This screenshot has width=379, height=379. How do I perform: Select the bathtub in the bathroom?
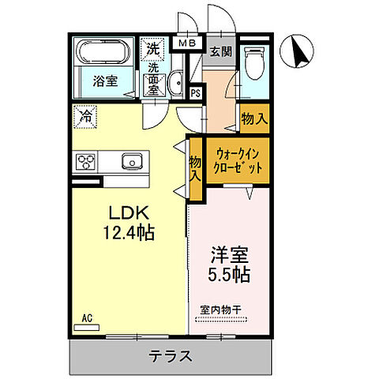click(104, 54)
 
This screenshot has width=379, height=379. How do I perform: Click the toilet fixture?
click(255, 64)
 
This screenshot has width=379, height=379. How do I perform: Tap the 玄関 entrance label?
click(220, 54)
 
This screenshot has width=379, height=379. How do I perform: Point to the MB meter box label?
click(187, 44)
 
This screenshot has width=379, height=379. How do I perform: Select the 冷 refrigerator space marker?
click(84, 117)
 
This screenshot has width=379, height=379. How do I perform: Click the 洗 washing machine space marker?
click(152, 47)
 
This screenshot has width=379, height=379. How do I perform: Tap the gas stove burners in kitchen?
click(86, 162)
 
